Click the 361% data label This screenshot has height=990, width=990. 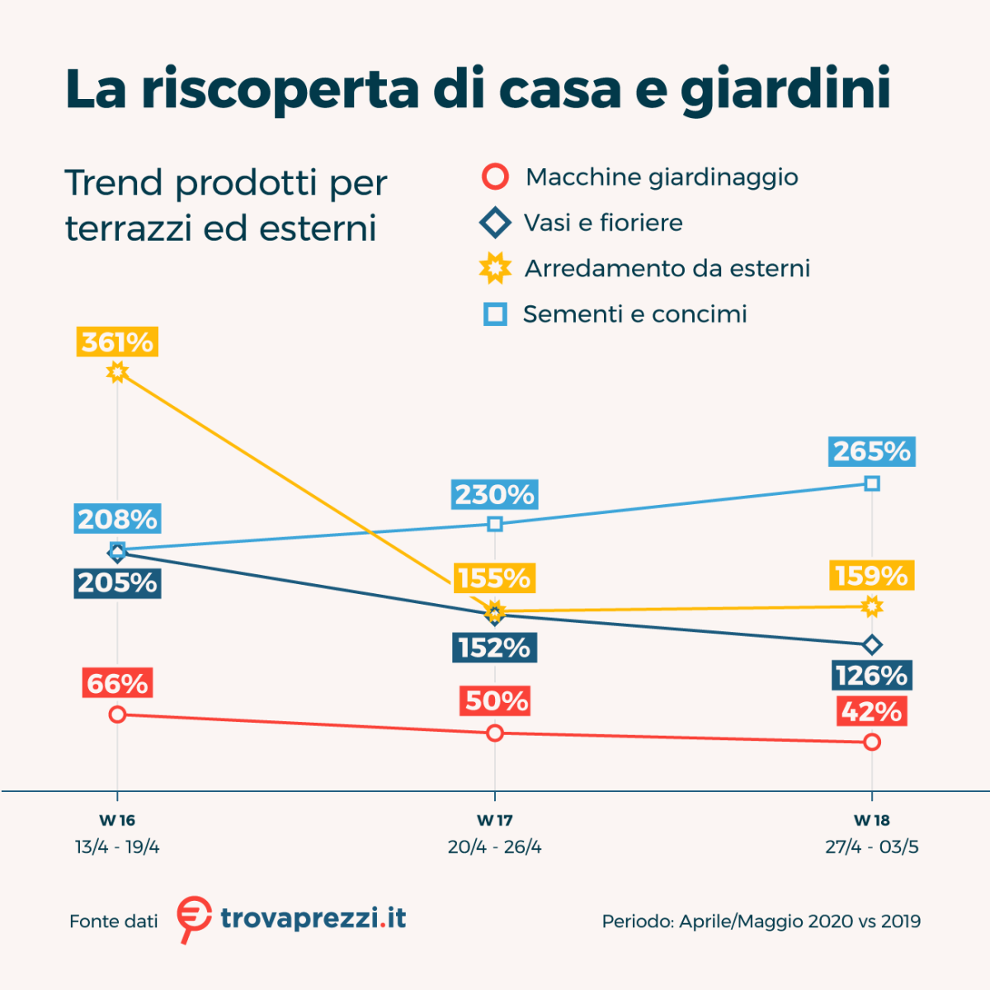point(117,342)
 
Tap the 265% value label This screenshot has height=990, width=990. point(872,451)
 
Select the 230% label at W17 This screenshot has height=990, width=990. point(495,494)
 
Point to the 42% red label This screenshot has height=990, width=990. point(872,711)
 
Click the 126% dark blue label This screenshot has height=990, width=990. point(872,676)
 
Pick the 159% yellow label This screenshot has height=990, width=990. point(871,575)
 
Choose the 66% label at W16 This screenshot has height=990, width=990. point(117,684)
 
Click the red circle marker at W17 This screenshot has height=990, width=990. point(495,733)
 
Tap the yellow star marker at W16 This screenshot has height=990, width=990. point(117,372)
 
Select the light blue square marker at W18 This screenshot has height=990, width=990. point(872,483)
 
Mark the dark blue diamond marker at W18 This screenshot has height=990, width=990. point(872,644)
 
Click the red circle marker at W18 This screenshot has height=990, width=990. point(872,742)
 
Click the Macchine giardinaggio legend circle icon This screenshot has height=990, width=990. point(495,177)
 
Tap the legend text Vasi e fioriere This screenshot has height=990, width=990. point(603,223)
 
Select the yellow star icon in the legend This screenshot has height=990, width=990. point(495,268)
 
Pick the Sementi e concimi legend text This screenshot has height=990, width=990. point(634,314)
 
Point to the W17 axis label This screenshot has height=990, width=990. point(495,820)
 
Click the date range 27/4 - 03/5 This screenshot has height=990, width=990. point(872,847)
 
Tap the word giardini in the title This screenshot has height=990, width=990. point(785,89)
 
